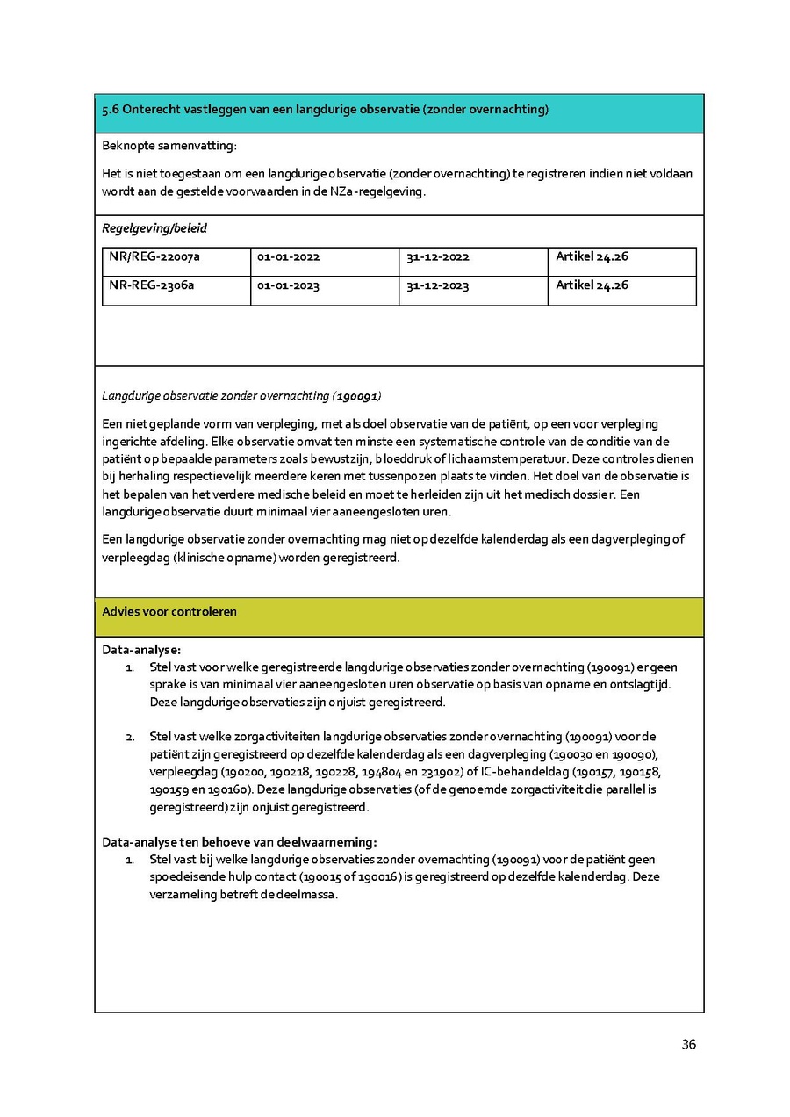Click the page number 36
(x=688, y=1044)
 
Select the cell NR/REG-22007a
(x=154, y=257)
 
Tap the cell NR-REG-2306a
(x=152, y=285)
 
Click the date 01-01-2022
(x=288, y=257)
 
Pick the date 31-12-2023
(x=437, y=286)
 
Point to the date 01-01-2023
(x=288, y=286)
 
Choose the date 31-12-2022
(x=437, y=257)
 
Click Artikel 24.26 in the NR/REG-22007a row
(x=592, y=257)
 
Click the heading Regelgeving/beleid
(x=154, y=228)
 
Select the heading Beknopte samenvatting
(x=169, y=145)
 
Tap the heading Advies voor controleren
(x=169, y=612)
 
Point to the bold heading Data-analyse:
(x=141, y=650)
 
